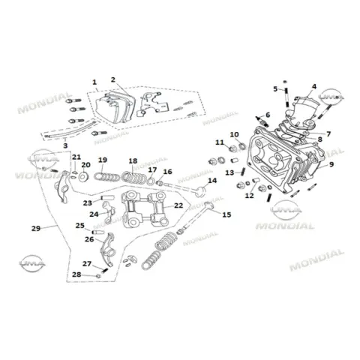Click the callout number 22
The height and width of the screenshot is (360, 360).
click(x=178, y=205)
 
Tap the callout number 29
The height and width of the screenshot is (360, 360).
click(x=36, y=228)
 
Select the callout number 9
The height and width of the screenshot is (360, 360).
click(x=331, y=164)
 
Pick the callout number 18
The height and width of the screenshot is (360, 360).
click(x=133, y=161)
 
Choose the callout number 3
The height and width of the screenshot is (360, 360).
click(x=65, y=145)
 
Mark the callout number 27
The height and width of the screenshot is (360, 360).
click(x=87, y=264)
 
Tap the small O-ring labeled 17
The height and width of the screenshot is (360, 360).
click(x=151, y=181)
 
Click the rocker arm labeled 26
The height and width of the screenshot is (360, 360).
click(x=107, y=250)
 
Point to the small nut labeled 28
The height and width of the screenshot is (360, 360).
click(x=98, y=276)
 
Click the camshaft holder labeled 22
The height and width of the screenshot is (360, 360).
click(x=145, y=209)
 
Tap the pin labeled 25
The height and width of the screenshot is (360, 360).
click(x=97, y=232)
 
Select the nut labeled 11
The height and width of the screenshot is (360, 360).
click(x=232, y=148)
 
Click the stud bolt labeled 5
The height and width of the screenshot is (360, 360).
click(x=286, y=97)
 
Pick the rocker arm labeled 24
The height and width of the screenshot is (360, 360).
click(x=109, y=212)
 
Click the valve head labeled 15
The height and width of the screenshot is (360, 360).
click(x=209, y=205)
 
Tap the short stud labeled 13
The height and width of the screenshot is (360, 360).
click(x=243, y=171)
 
